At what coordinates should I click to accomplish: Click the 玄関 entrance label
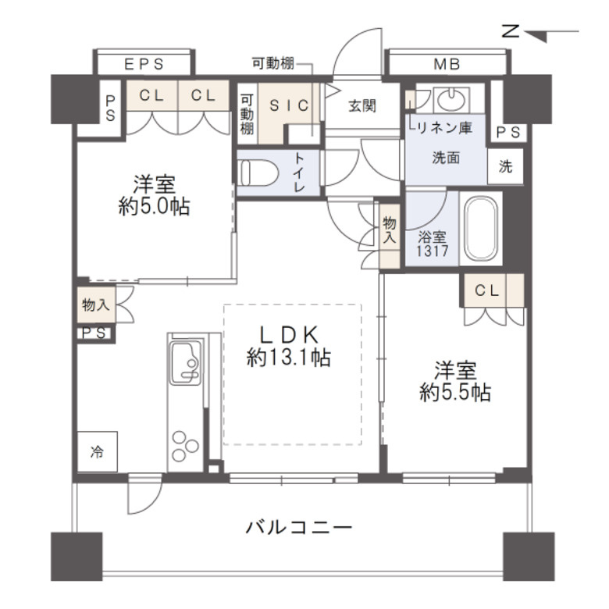[x=361, y=105]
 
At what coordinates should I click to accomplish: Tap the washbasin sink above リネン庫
[x=448, y=100]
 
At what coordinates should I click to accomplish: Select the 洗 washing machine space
[x=506, y=166]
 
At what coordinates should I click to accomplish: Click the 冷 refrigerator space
[x=97, y=452]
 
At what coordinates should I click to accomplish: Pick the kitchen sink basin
[x=186, y=363]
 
